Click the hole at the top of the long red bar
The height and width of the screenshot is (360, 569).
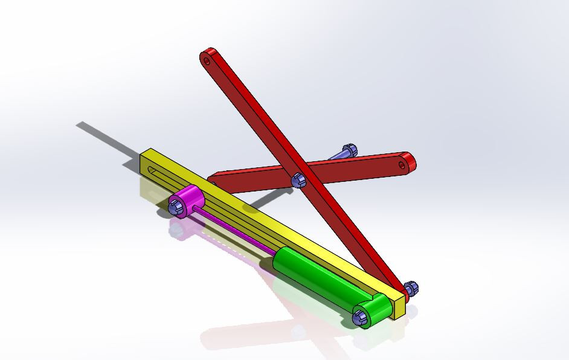coord(207,60)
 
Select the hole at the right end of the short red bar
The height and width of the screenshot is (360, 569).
coord(401,163)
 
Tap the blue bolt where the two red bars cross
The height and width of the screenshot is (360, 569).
coord(297,179)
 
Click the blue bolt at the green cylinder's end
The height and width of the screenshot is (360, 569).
coord(360,316)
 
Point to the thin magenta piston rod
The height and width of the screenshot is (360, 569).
coord(236,230)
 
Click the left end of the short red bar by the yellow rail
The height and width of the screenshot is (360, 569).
coord(213,181)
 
